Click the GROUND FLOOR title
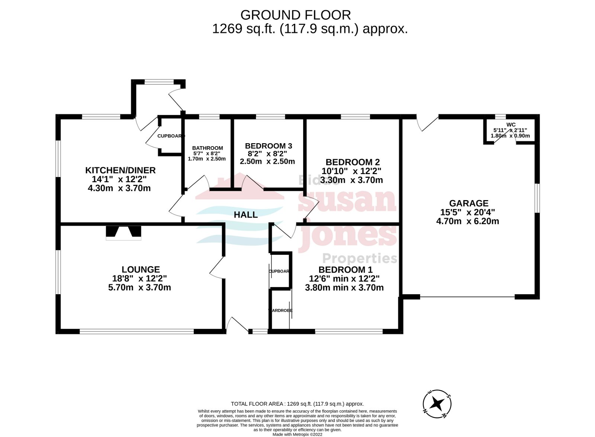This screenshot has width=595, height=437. coord(295,15)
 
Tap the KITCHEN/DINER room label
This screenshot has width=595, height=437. coord(120,170)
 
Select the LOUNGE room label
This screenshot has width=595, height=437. coord(141,270)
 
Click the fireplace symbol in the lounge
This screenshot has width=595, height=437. coord(123,232)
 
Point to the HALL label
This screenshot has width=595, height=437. coord(245,215)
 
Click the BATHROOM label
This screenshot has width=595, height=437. coord(208,148)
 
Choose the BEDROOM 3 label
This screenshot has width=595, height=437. coord(268,146)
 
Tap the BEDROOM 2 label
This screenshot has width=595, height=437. coord(352,162)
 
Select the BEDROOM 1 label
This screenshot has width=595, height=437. coord(345,270)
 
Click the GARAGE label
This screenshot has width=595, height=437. coord(469,203)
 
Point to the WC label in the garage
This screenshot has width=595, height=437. coord(511,125)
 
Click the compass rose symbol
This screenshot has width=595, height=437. coord(437,404)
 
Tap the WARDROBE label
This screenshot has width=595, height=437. coord(281,310)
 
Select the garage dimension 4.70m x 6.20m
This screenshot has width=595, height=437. coord(467,221)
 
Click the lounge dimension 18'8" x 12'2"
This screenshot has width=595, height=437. coord(139,278)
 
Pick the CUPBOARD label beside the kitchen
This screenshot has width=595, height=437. coord(170,136)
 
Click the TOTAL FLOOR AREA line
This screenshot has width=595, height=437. coord(297,404)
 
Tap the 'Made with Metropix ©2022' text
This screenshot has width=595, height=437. coord(297,434)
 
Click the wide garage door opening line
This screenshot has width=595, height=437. coord(467,297)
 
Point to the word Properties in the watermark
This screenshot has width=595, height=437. coord(359,258)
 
